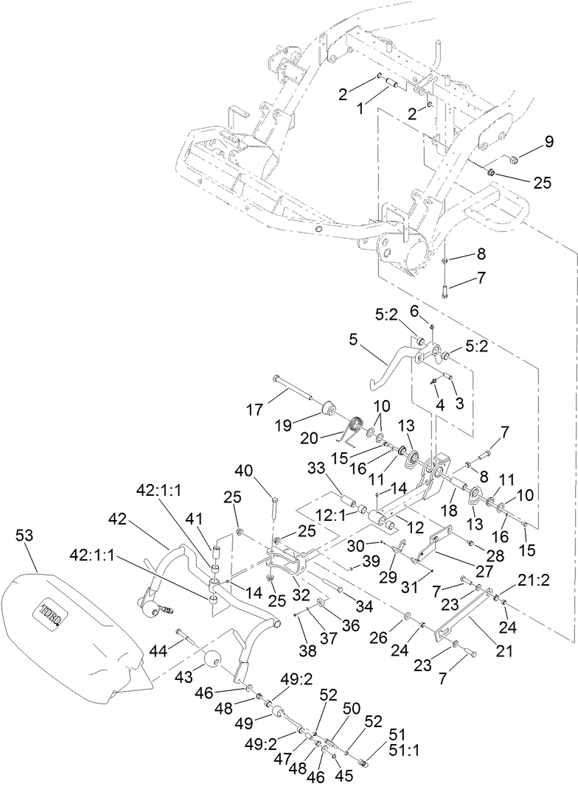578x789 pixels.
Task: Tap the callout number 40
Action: click(x=246, y=469)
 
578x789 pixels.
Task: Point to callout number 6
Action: click(x=414, y=312)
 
